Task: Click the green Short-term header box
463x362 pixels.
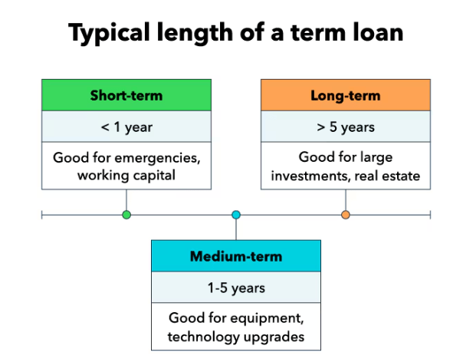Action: pyautogui.click(x=126, y=96)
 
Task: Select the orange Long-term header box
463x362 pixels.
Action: pyautogui.click(x=346, y=96)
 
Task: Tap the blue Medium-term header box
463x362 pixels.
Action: pyautogui.click(x=235, y=256)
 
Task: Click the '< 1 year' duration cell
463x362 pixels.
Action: pyautogui.click(x=126, y=127)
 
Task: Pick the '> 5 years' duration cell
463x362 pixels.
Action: pyautogui.click(x=346, y=127)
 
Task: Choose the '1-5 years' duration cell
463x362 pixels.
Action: pyautogui.click(x=235, y=288)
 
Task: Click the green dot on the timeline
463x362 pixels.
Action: pyautogui.click(x=126, y=215)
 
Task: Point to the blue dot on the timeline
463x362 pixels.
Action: pyautogui.click(x=236, y=215)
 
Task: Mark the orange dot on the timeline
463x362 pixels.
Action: pyautogui.click(x=346, y=215)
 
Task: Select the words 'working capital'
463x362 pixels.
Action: pyautogui.click(x=126, y=176)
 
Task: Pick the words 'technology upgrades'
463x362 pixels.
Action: pyautogui.click(x=235, y=336)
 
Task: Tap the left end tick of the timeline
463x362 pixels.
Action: pyautogui.click(x=41, y=215)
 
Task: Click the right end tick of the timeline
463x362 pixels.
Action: pyautogui.click(x=430, y=215)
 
